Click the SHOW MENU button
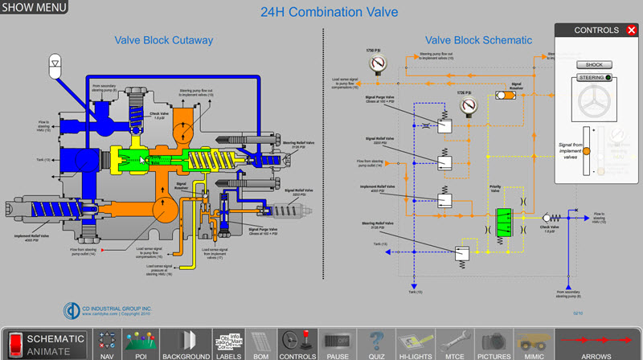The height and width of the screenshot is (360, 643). tap(34, 8)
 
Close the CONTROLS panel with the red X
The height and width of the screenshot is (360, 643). tap(632, 31)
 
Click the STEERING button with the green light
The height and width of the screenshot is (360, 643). tap(594, 78)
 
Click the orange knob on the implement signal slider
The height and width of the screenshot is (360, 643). tap(587, 151)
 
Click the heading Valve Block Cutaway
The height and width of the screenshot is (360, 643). tap(163, 40)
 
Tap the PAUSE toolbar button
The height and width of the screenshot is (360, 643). tap(336, 344)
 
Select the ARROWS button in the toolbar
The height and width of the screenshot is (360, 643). tap(596, 344)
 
